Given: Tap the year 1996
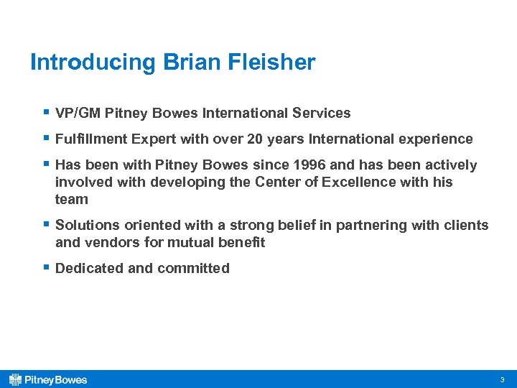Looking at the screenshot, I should click(308, 165).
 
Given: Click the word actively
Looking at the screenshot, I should click(451, 165).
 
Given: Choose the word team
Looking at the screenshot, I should click(71, 199).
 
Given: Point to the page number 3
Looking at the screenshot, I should click(502, 379).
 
